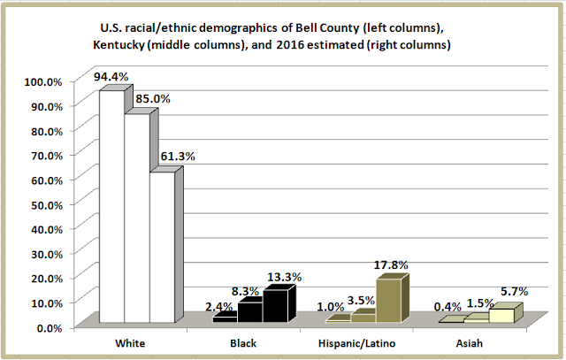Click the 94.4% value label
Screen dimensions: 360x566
coord(111,78)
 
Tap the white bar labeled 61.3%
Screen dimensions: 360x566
coord(161,248)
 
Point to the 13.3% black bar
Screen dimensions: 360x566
coord(274,307)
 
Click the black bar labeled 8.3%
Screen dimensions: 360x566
coord(249,312)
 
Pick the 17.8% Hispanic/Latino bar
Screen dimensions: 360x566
coord(388,302)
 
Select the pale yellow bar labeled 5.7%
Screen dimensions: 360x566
coord(501,315)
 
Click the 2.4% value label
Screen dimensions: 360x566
coord(218,307)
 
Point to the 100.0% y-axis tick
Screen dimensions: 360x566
coord(42,81)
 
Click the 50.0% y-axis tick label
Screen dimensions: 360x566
coord(45,204)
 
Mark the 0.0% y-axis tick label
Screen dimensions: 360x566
coord(48,327)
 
